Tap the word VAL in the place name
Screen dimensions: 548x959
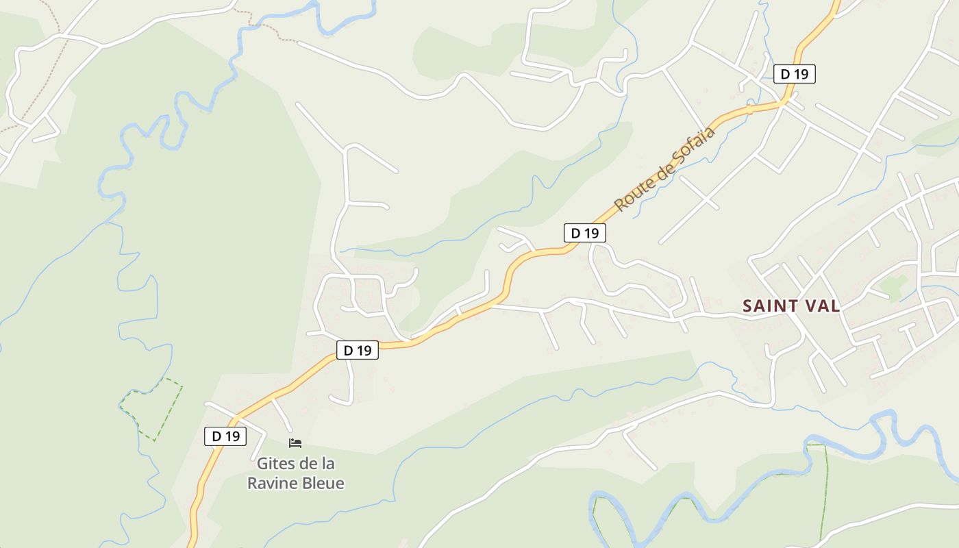coord(822,306)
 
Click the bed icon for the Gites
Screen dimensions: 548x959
coord(295,443)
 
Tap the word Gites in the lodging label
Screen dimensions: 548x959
coord(275,464)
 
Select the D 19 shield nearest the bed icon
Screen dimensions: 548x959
coord(225,436)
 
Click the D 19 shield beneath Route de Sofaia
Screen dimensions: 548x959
coord(585,233)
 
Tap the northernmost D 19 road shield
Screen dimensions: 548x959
coord(795,74)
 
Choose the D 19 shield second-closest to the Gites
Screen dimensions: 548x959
coord(358,350)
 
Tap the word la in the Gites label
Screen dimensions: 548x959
coord(327,464)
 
